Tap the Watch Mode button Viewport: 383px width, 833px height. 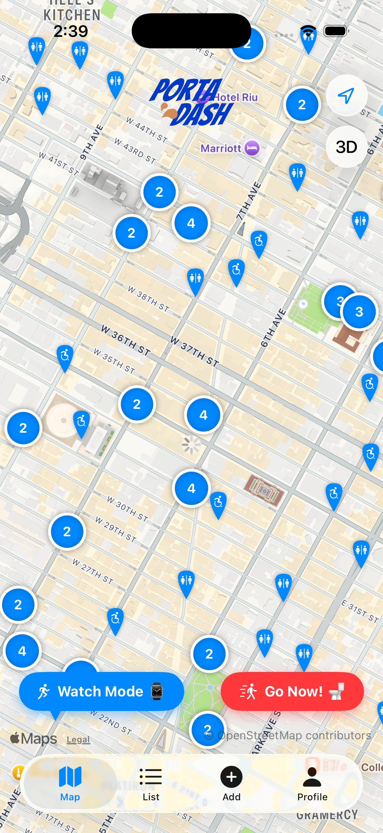(x=101, y=691)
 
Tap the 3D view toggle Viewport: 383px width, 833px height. (x=346, y=147)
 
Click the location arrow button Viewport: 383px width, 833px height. (x=346, y=96)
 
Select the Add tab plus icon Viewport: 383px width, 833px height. (x=232, y=777)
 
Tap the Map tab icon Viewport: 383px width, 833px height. (x=70, y=777)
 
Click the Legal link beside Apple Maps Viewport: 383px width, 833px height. (x=78, y=740)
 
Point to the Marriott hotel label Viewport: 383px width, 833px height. (x=221, y=148)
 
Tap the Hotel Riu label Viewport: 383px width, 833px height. (x=236, y=97)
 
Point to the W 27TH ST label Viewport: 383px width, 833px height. (x=93, y=572)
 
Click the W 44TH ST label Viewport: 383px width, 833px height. (x=147, y=130)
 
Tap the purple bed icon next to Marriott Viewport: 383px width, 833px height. (x=252, y=148)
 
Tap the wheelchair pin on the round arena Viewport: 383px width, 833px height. (x=81, y=422)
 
